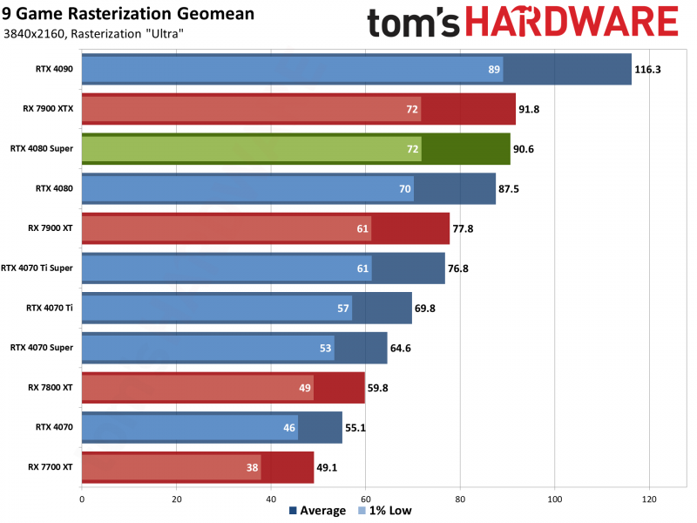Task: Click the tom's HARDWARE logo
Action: (522, 24)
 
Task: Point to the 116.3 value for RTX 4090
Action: (648, 70)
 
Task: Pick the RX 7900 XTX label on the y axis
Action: (51, 109)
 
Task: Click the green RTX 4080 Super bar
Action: (295, 149)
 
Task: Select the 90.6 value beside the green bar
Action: (524, 149)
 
